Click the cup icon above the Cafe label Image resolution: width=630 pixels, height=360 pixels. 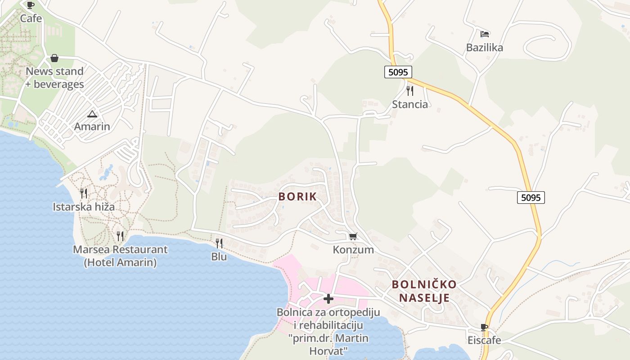pyautogui.click(x=31, y=5)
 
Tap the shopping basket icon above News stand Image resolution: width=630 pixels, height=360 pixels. pyautogui.click(x=54, y=58)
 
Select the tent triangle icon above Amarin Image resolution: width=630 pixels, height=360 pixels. pyautogui.click(x=92, y=114)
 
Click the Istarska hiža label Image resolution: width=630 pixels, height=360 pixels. pyautogui.click(x=84, y=207)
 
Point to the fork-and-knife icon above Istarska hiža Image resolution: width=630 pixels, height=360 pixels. pyautogui.click(x=84, y=193)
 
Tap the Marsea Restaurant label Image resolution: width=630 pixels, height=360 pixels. pyautogui.click(x=120, y=250)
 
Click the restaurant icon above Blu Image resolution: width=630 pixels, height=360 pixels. pyautogui.click(x=219, y=243)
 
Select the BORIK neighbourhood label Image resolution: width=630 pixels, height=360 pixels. pyautogui.click(x=297, y=197)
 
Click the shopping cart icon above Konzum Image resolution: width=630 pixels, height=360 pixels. pyautogui.click(x=353, y=236)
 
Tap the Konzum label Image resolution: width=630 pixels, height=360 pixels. pyautogui.click(x=353, y=250)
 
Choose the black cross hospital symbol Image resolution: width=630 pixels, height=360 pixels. pyautogui.click(x=328, y=298)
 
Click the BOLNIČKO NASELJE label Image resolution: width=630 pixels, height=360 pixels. pyautogui.click(x=424, y=291)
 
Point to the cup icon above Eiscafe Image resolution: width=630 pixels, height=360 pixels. pyautogui.click(x=484, y=327)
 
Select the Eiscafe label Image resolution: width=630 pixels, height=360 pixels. pyautogui.click(x=484, y=340)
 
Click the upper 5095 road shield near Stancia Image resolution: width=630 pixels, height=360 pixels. pyautogui.click(x=398, y=72)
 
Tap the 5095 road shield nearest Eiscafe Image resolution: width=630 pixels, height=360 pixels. pyautogui.click(x=531, y=197)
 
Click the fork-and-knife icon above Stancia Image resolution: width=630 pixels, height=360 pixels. pyautogui.click(x=410, y=91)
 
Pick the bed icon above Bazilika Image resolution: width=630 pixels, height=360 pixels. pyautogui.click(x=485, y=34)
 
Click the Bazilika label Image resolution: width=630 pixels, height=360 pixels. pyautogui.click(x=485, y=48)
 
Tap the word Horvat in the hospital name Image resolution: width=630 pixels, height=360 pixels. pyautogui.click(x=328, y=351)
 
